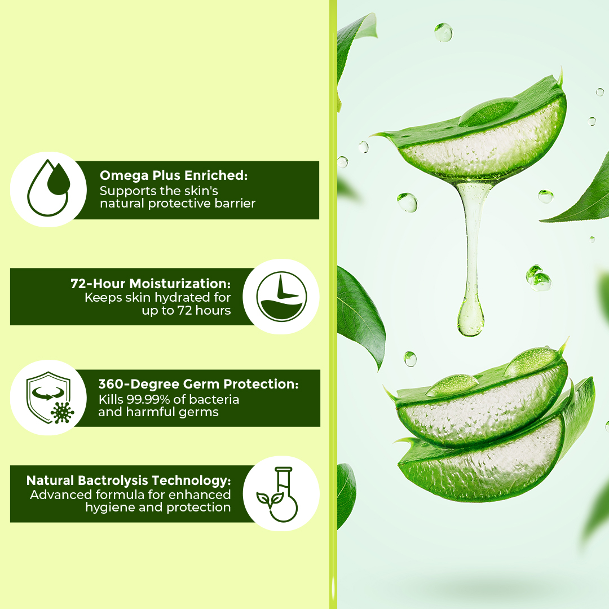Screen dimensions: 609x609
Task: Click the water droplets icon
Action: pos(48,188)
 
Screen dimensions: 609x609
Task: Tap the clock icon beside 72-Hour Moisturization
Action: pos(281,297)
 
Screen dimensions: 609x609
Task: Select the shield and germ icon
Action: pos(50,398)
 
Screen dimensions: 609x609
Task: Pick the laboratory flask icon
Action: pos(277,494)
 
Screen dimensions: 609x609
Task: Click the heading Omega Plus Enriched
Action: pos(174,175)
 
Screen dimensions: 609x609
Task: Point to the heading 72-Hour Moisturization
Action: pos(151,284)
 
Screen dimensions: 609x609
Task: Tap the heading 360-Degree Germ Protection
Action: pos(198,384)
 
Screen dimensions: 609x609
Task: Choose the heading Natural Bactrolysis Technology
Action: pos(129,480)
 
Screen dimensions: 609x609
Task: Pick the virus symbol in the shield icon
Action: pos(63,412)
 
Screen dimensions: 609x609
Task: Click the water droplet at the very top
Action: pos(444,32)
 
